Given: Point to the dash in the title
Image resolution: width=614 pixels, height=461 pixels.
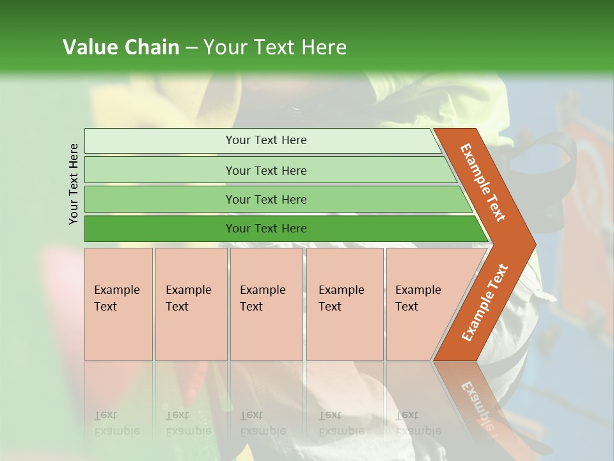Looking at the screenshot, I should [191, 48].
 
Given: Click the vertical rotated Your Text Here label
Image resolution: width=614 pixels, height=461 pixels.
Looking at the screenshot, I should [74, 184].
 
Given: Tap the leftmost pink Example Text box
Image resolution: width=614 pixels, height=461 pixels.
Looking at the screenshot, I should [118, 304].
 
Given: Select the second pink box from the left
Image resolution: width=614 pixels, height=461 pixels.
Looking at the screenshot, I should [191, 304].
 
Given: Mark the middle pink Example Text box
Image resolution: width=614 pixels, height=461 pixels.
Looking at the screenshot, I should [266, 304].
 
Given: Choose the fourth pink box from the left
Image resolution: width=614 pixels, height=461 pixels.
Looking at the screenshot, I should [344, 304].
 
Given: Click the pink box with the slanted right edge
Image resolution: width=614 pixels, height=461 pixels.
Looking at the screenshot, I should [422, 304].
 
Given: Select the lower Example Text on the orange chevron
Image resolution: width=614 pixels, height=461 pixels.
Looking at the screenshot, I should [484, 303].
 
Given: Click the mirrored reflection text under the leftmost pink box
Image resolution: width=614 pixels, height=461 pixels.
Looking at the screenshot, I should [116, 423].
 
